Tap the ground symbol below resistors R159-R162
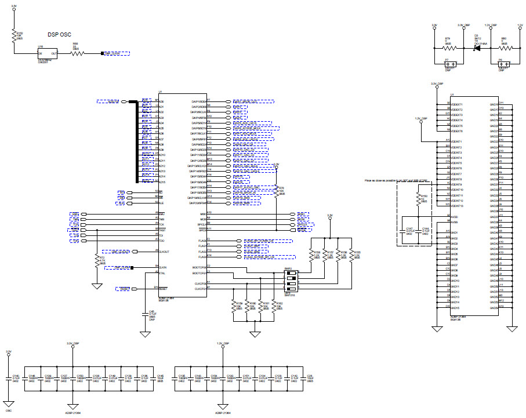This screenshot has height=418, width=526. (x=255, y=335)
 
